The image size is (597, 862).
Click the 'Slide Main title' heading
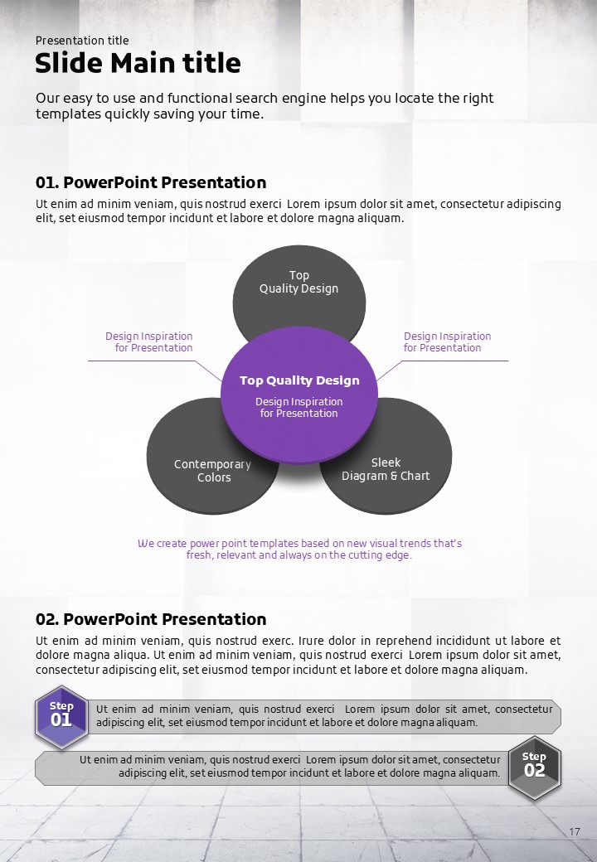138,63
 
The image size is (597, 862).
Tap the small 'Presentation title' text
82,41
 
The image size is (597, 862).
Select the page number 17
575,831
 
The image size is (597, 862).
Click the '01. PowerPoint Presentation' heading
150,182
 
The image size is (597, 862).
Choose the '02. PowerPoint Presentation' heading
150,619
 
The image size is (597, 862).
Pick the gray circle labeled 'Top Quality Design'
298,283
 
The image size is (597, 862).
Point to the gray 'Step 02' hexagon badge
535,767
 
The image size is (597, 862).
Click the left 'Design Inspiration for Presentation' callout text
149,342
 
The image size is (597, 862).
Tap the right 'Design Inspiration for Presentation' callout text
447,342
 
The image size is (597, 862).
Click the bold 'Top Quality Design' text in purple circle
299,381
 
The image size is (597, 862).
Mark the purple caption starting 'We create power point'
299,549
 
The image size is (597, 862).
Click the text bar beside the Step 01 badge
323,716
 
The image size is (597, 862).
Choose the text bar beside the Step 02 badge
274,768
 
